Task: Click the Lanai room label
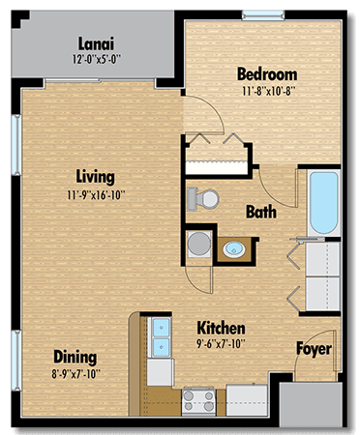97,43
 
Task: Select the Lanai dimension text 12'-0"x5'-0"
97,58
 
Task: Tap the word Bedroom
267,74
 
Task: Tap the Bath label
261,212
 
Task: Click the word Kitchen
221,328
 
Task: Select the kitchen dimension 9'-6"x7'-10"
221,343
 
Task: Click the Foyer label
314,348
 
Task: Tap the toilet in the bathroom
206,197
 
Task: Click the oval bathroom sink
234,250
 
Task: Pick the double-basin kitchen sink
158,337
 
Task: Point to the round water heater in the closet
197,243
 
